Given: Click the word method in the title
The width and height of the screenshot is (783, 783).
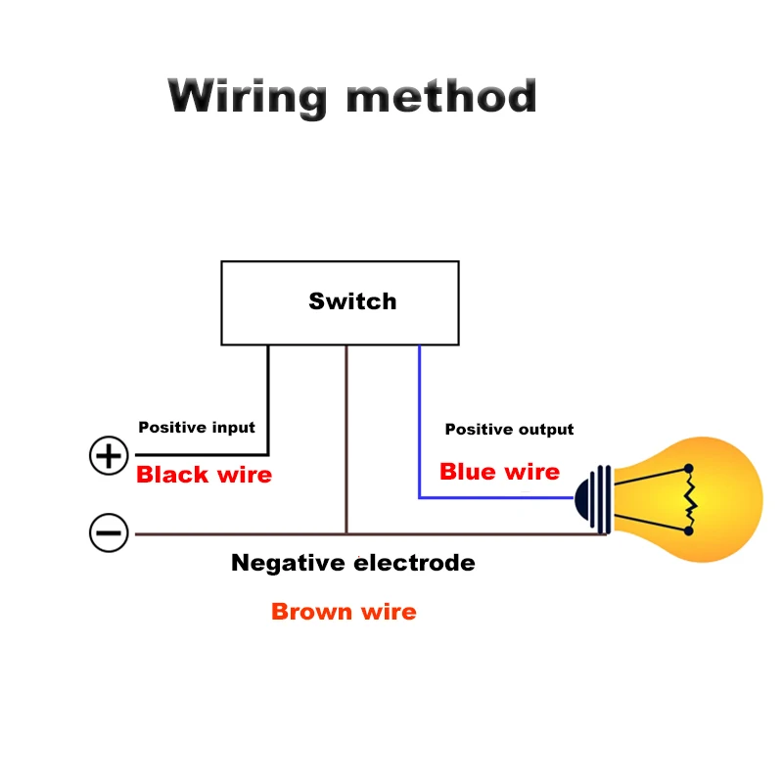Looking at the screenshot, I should [442, 98].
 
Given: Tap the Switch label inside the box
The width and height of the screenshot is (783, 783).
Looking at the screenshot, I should [352, 301].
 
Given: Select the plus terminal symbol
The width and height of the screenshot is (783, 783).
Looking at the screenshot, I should [109, 456].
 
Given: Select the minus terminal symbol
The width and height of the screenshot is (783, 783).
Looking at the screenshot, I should [109, 534].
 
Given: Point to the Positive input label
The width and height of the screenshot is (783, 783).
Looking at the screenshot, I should [197, 428].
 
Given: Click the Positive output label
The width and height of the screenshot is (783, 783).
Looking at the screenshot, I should [509, 430].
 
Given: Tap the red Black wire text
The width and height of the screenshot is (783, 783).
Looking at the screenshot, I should [204, 476].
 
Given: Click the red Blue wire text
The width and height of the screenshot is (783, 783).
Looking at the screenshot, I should [499, 472].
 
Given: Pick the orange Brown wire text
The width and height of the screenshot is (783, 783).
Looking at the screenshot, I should [344, 613].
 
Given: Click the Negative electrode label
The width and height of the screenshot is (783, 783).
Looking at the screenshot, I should [352, 563].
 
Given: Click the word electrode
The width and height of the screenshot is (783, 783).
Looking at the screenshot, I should [414, 563].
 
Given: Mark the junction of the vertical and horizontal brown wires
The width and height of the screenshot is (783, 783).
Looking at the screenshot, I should [345, 533].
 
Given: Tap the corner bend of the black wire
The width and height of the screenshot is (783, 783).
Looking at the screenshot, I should [267, 454].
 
